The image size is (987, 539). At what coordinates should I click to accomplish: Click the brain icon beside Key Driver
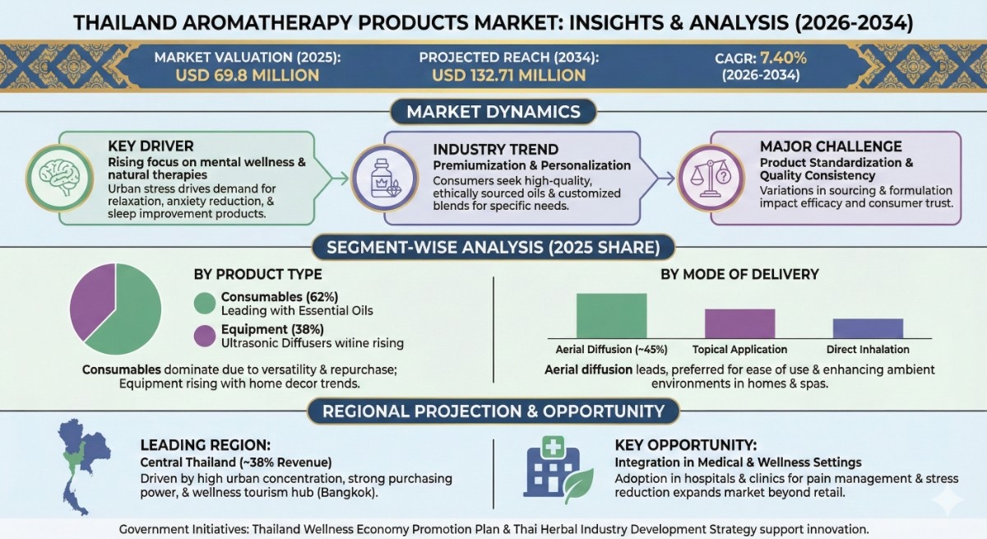[59, 178]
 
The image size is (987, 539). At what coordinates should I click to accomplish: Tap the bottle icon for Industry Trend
[385, 179]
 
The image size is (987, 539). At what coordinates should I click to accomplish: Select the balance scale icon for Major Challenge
[711, 179]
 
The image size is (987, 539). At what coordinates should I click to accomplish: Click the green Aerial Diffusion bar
[612, 315]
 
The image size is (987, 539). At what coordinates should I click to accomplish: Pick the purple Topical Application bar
[739, 323]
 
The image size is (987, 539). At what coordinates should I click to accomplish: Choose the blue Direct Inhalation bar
[868, 328]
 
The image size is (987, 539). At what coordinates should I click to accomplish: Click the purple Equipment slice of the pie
[91, 300]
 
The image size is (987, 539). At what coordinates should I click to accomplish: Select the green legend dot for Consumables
[205, 303]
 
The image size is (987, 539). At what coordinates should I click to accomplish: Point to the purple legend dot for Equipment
[205, 336]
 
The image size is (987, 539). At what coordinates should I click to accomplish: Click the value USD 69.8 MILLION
[248, 76]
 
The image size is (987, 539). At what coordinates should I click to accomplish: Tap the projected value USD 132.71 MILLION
[509, 76]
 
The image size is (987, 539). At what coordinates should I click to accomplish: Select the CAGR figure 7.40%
[783, 58]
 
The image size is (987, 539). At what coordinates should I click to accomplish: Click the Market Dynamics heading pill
[493, 111]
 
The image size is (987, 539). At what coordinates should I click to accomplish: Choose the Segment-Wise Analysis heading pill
[493, 247]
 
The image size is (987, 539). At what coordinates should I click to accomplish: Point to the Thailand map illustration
[84, 467]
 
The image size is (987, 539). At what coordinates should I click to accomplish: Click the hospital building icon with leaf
[558, 469]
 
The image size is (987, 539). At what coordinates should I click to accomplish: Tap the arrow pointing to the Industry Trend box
[340, 179]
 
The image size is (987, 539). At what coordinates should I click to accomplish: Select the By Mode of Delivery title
[739, 274]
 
